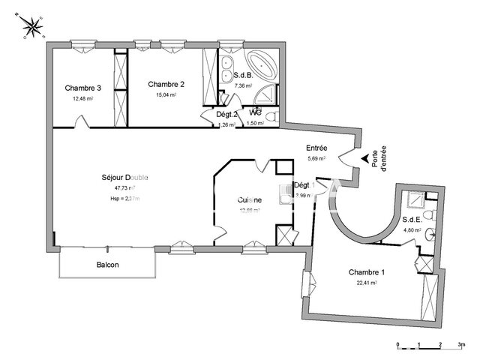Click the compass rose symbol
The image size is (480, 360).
tap(33, 28)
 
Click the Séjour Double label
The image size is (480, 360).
tap(124, 177)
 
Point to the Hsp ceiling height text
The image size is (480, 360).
tap(124, 198)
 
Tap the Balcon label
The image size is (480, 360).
tap(107, 265)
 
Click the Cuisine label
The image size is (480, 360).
tap(249, 199)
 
